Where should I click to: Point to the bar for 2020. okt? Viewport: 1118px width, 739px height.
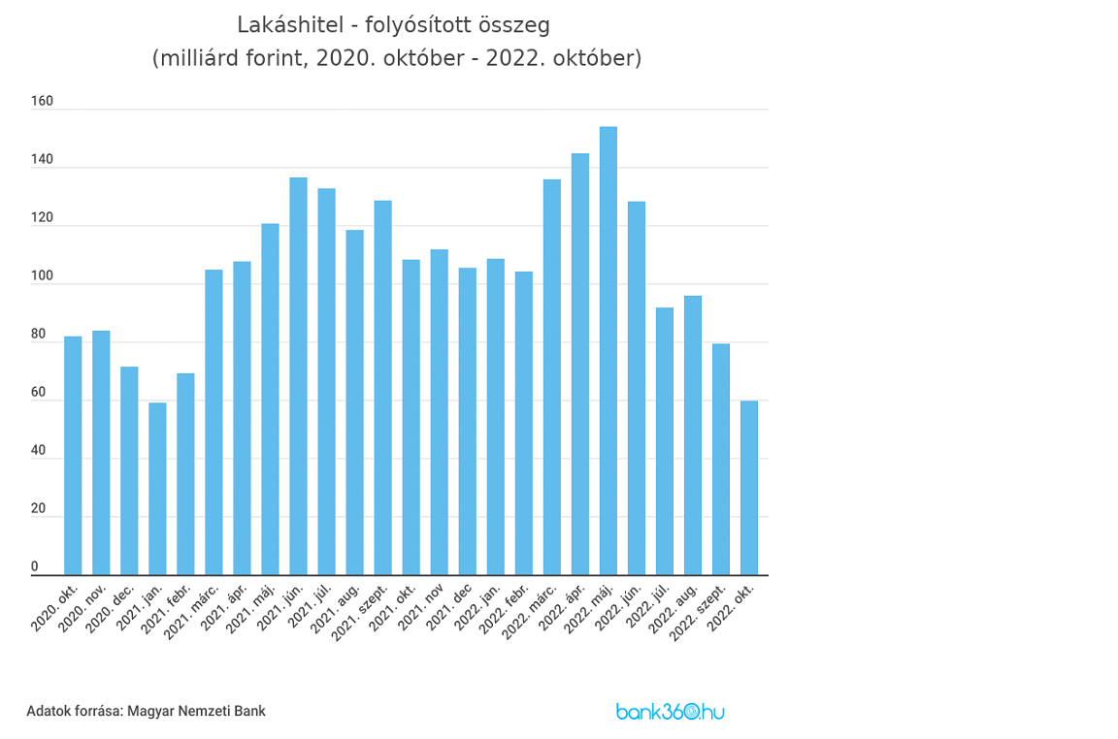pyautogui.click(x=73, y=456)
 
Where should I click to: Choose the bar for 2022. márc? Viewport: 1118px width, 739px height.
pyautogui.click(x=552, y=377)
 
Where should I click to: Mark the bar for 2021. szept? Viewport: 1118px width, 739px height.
pyautogui.click(x=382, y=388)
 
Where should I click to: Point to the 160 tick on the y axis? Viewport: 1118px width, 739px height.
pyautogui.click(x=42, y=101)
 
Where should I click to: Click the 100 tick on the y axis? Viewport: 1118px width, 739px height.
pyautogui.click(x=42, y=276)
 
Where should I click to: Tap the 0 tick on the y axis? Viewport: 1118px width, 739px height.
pyautogui.click(x=35, y=566)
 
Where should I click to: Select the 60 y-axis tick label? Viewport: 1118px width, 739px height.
pyautogui.click(x=38, y=392)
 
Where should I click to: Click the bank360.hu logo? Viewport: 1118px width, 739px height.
pyautogui.click(x=670, y=711)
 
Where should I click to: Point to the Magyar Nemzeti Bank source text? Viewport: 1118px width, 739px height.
pyautogui.click(x=196, y=711)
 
